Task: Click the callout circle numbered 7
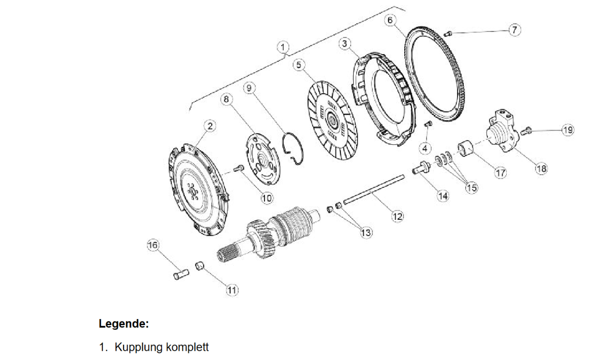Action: (514, 30)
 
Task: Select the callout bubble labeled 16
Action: (153, 245)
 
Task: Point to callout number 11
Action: (232, 290)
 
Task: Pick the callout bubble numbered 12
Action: (397, 216)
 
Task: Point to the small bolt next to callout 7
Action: (448, 33)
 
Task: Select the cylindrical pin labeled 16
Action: (180, 274)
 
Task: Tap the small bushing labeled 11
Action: (200, 265)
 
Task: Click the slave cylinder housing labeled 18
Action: (502, 133)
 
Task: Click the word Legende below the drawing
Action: (123, 324)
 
